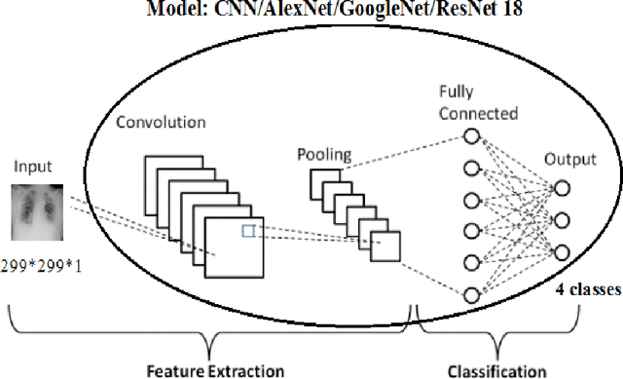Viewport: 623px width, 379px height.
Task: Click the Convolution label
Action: [161, 124]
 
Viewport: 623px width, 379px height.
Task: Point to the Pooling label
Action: [325, 154]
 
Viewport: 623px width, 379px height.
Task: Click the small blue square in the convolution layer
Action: [248, 230]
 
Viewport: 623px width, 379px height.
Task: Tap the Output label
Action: [570, 159]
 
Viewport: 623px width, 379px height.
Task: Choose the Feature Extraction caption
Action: [215, 370]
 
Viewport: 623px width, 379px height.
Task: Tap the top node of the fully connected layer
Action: [472, 136]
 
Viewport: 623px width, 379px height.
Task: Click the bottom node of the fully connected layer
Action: [472, 293]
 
